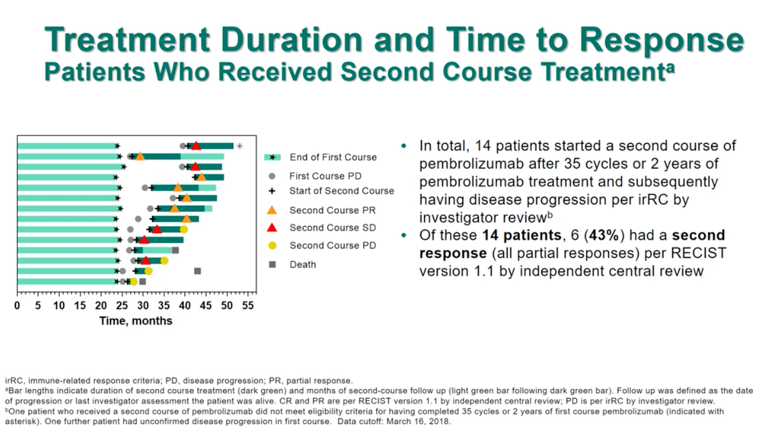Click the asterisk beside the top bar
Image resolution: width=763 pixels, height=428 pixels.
click(x=239, y=146)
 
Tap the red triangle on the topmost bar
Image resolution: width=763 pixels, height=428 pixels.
click(x=196, y=146)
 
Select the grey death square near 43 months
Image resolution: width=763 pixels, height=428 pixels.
click(x=197, y=271)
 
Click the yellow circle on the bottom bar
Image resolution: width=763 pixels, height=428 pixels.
click(x=133, y=281)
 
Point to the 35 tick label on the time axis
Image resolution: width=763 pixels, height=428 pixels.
click(x=163, y=305)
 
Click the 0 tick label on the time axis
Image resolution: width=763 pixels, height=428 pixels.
click(x=18, y=305)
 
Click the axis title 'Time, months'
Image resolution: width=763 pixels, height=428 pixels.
click(x=135, y=320)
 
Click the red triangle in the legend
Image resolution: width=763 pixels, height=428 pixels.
click(x=272, y=227)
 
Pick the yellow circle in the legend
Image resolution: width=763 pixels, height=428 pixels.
click(x=272, y=245)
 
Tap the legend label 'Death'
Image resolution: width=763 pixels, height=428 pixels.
click(x=303, y=264)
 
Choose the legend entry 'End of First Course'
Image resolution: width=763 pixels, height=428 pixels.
click(x=333, y=157)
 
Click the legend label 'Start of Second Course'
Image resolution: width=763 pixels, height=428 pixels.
click(x=342, y=190)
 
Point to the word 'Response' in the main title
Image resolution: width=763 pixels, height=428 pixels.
click(x=661, y=41)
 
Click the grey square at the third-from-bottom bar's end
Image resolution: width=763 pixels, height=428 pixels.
click(x=176, y=250)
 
